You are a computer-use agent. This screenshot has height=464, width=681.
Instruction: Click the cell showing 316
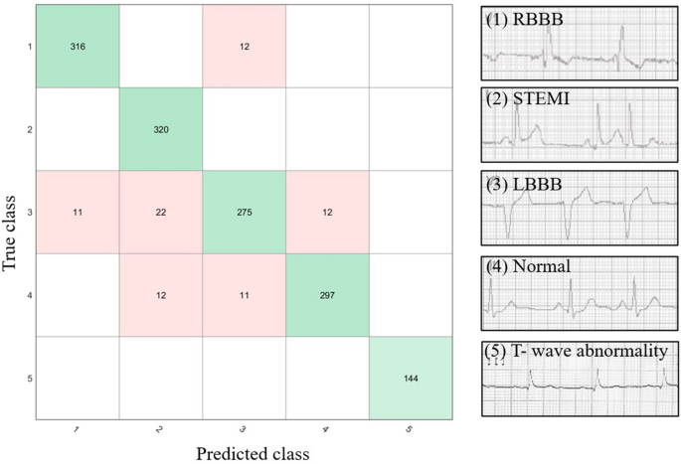(x=78, y=46)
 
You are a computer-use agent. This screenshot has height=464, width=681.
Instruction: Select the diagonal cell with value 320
(x=160, y=128)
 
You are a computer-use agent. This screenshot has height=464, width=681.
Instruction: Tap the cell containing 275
(x=244, y=211)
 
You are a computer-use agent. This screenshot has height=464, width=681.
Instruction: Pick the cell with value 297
(x=326, y=294)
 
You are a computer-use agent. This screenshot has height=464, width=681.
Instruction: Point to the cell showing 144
(x=410, y=377)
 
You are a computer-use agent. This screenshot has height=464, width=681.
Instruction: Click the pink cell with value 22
(x=160, y=211)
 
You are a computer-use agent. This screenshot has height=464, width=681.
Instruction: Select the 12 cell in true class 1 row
(x=244, y=46)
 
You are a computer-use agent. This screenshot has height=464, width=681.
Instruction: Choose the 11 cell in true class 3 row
(x=78, y=211)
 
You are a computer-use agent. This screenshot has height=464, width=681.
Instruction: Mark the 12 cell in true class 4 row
(x=160, y=294)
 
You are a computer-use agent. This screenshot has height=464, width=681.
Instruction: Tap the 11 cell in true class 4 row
(x=244, y=294)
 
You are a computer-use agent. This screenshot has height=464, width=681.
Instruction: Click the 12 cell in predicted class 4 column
(x=326, y=211)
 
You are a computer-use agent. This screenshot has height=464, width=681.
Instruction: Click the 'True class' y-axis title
(x=13, y=213)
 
